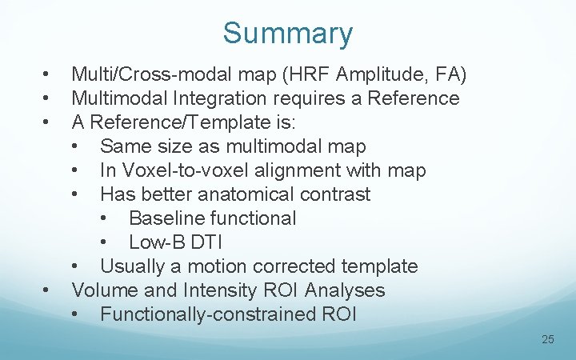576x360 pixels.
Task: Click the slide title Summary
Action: coord(287,34)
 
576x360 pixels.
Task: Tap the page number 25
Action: coord(548,339)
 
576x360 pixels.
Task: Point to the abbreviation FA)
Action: coord(451,75)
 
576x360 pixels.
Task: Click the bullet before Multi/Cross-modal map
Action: coord(49,75)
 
